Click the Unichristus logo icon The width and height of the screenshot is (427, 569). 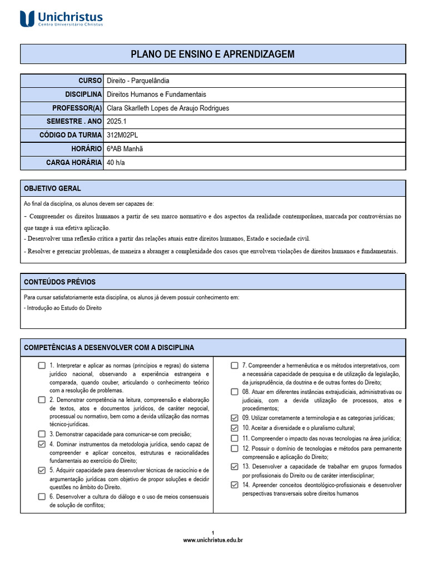(x=27, y=18)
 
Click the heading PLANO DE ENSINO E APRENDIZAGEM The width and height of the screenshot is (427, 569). (x=212, y=54)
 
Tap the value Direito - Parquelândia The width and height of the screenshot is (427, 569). (x=138, y=81)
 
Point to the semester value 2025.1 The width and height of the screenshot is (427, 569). (x=117, y=121)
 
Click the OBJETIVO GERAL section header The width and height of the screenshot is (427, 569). (x=52, y=188)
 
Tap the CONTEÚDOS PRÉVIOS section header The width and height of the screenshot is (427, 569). (x=59, y=282)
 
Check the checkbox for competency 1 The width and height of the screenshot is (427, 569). (x=42, y=366)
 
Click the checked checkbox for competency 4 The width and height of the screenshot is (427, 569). (x=42, y=444)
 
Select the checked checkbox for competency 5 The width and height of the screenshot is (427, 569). (x=42, y=470)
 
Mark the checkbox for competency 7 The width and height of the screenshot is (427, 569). (x=235, y=366)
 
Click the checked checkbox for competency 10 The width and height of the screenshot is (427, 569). (x=235, y=428)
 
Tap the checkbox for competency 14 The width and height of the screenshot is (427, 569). (x=235, y=485)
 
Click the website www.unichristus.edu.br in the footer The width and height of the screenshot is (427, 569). (x=213, y=540)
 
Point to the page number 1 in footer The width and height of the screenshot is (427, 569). (x=213, y=532)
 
